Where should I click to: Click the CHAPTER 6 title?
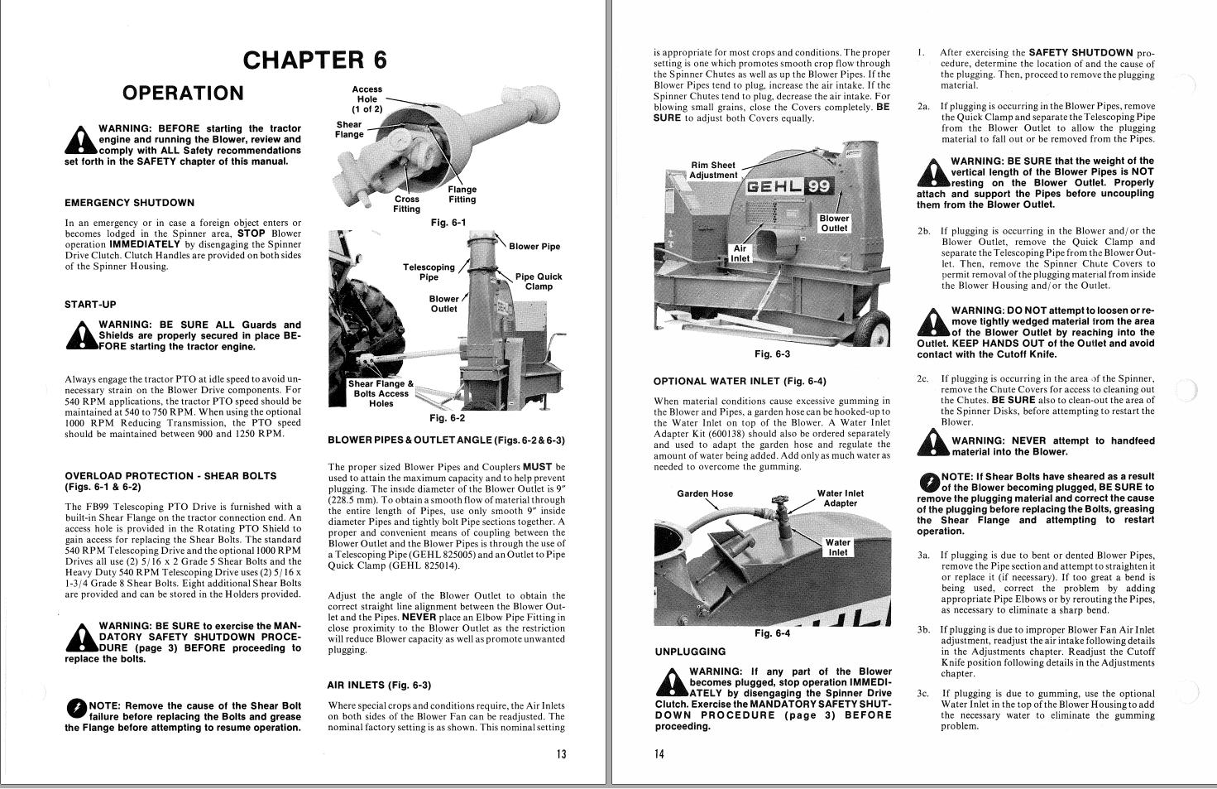tap(314, 60)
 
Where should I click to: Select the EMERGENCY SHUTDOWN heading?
tap(129, 203)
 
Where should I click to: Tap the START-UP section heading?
tap(90, 304)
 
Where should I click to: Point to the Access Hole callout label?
tap(367, 99)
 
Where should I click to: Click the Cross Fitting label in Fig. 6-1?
tap(406, 204)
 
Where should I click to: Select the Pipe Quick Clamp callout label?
tap(538, 281)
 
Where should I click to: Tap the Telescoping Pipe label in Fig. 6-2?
tap(429, 272)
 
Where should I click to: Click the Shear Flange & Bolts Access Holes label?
tap(381, 393)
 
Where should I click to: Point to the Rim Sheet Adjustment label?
tap(712, 170)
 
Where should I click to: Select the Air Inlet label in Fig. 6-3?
tap(740, 253)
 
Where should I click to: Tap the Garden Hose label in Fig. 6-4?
tap(705, 493)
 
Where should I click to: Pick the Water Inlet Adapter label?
tap(840, 498)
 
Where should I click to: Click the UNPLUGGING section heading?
tap(690, 652)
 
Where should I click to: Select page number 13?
tap(561, 753)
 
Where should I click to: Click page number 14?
tap(659, 753)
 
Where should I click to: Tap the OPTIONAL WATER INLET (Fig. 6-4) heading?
tap(739, 382)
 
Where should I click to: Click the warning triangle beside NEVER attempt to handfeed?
tap(933, 446)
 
